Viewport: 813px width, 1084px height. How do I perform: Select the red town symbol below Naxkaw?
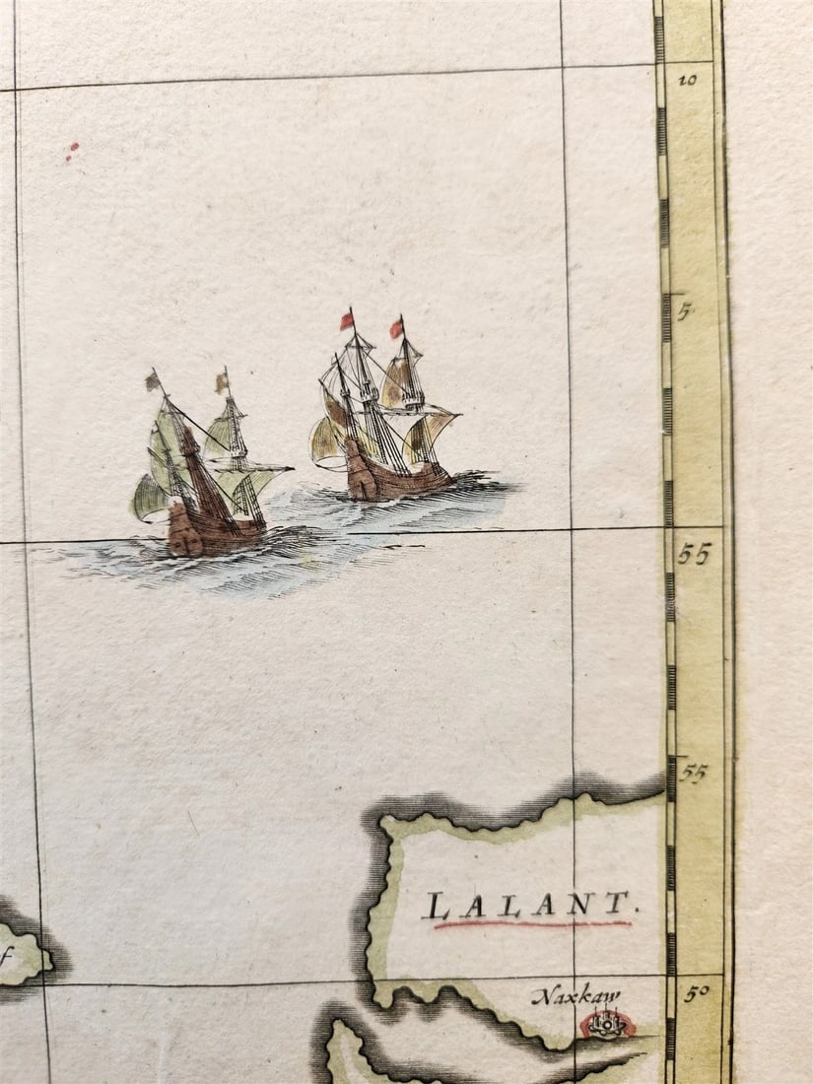click(x=606, y=1025)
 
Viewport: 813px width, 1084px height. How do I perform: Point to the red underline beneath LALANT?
click(x=532, y=924)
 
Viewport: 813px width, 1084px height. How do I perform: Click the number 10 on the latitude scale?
click(x=687, y=80)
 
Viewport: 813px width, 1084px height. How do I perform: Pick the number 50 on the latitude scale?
click(x=695, y=993)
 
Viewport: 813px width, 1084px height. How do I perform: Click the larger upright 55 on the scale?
click(x=694, y=555)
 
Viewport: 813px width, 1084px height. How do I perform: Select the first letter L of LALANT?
click(x=436, y=906)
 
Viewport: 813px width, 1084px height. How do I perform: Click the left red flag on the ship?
click(x=347, y=320)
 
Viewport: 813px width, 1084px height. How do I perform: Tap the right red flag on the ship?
click(x=396, y=328)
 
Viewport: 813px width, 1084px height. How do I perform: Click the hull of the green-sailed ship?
click(x=212, y=532)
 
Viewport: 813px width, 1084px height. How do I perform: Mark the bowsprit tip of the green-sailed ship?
click(x=292, y=467)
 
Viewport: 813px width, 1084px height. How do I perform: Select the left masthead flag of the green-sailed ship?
click(x=154, y=380)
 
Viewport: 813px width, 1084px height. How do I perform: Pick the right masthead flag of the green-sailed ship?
click(x=222, y=382)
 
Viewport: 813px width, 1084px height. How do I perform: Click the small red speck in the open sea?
click(x=72, y=151)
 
